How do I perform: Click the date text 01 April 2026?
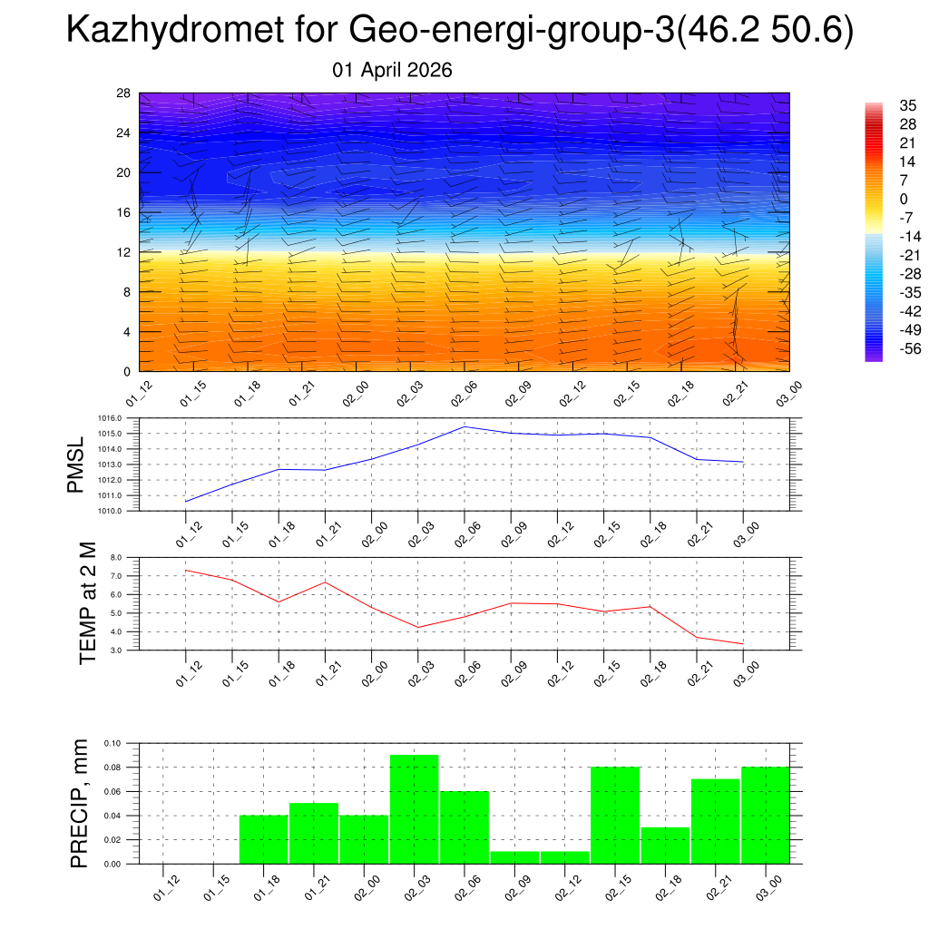click(x=392, y=70)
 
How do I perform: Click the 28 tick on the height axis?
click(x=123, y=93)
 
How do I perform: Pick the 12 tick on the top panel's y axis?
click(x=123, y=252)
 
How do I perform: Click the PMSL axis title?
click(x=76, y=464)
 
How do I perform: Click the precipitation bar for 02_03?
click(x=415, y=809)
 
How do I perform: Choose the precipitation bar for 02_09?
click(x=514, y=857)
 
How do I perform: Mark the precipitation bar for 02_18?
click(x=665, y=846)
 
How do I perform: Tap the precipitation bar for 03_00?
click(x=765, y=816)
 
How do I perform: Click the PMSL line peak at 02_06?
click(x=464, y=426)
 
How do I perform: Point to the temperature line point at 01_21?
click(x=325, y=582)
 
